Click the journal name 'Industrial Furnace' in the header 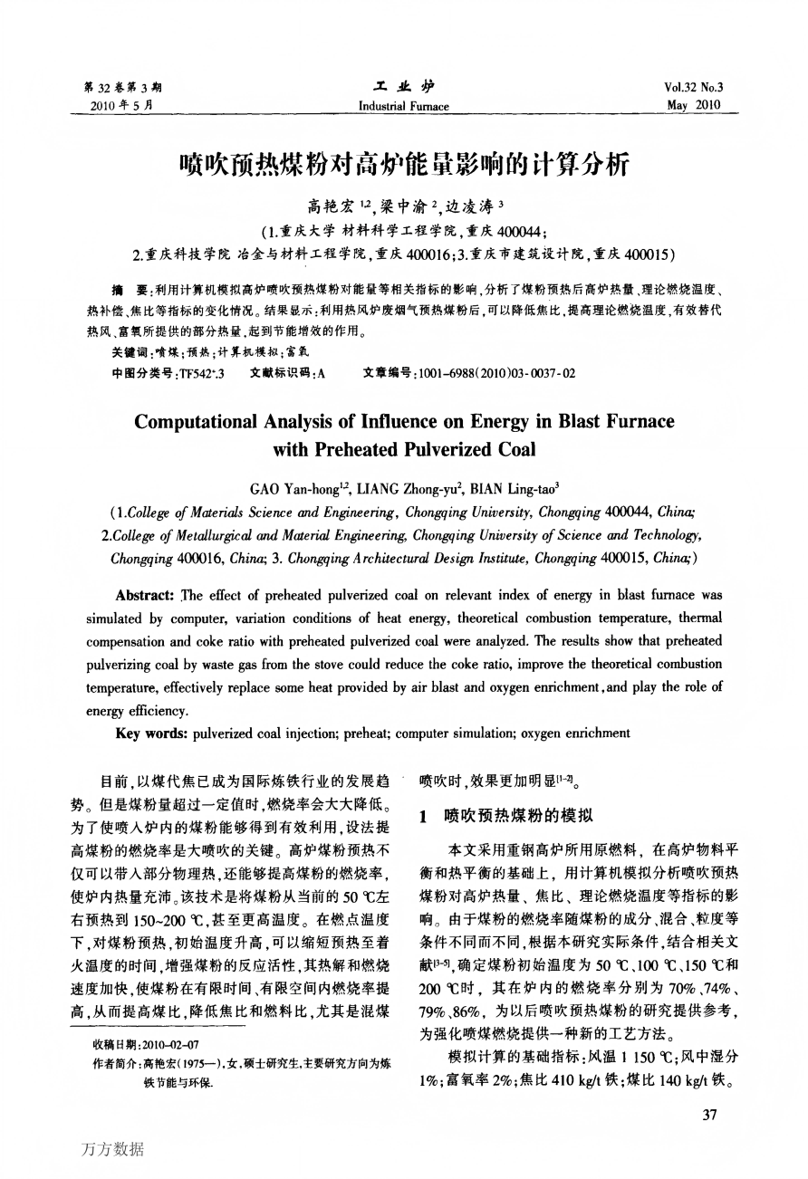click(403, 107)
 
